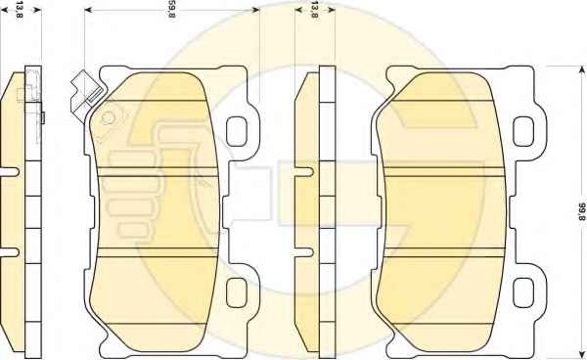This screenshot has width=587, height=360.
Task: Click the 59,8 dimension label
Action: pyautogui.click(x=171, y=10)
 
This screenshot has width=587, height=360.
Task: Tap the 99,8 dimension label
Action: pyautogui.click(x=582, y=211)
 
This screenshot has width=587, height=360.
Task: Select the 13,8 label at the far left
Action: pyautogui.click(x=20, y=10)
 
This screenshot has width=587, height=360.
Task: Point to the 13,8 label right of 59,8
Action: pyautogui.click(x=314, y=10)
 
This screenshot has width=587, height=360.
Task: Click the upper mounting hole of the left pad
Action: pyautogui.click(x=237, y=131)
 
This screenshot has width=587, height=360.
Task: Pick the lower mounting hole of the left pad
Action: pyautogui.click(x=237, y=292)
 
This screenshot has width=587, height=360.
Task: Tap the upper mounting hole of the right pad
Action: pyautogui.click(x=523, y=131)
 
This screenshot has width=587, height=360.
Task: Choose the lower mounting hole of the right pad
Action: pyautogui.click(x=523, y=292)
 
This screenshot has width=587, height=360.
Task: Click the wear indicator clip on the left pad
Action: pyautogui.click(x=86, y=94)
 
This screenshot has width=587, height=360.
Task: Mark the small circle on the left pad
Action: pyautogui.click(x=108, y=118)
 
